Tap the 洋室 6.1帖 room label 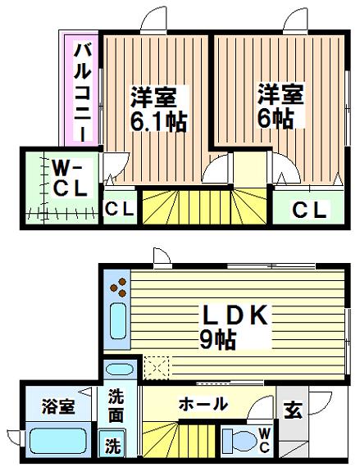[x=158, y=109]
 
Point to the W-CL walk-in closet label [x=67, y=179]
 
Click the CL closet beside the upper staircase [x=120, y=210]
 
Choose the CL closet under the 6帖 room [x=311, y=210]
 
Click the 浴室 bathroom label [x=60, y=406]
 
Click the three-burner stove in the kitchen [x=120, y=288]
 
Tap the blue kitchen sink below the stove [x=117, y=322]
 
